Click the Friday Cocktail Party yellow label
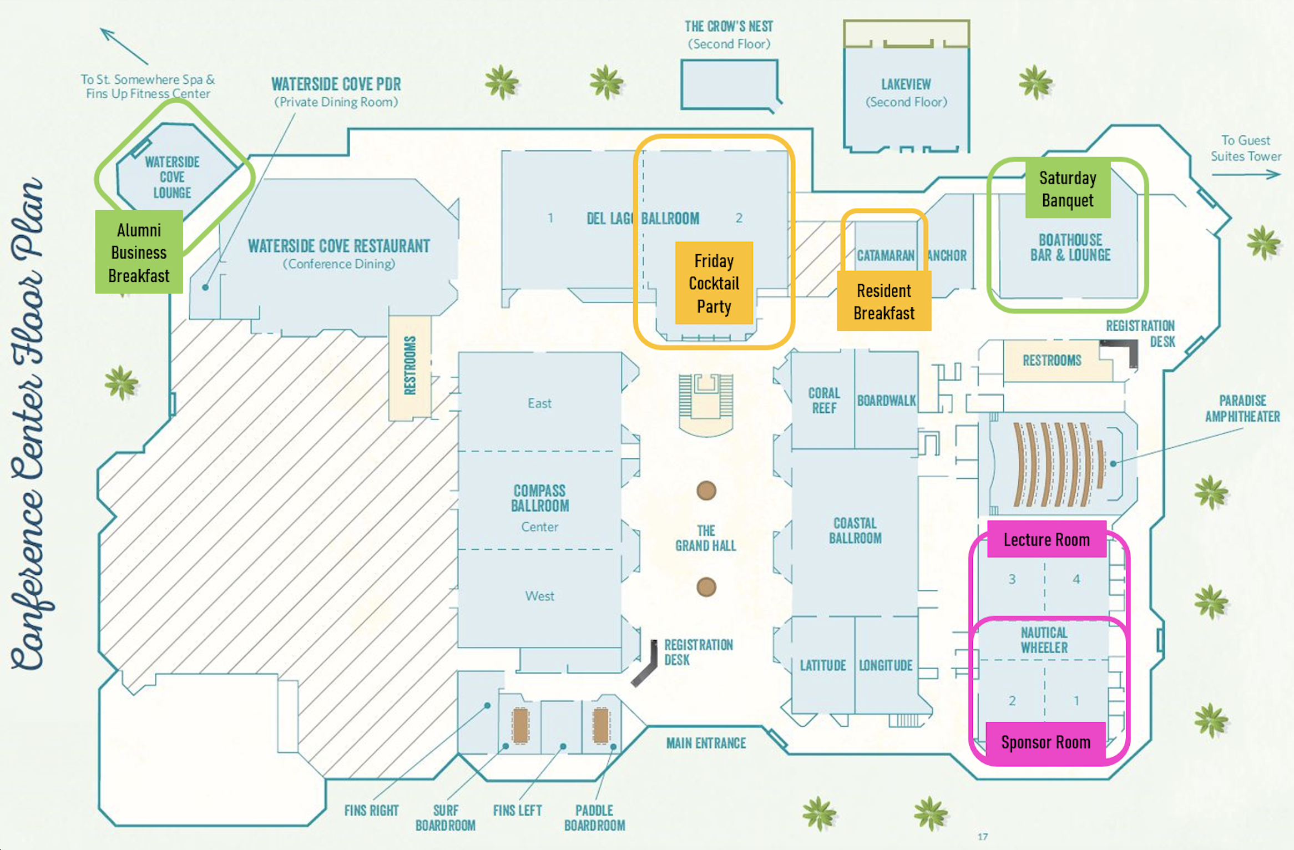pyautogui.click(x=714, y=283)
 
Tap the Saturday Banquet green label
pyautogui.click(x=1067, y=189)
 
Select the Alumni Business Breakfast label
pyautogui.click(x=139, y=252)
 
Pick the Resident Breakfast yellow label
pyautogui.click(x=883, y=301)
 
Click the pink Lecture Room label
pyautogui.click(x=1046, y=539)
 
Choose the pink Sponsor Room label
pyautogui.click(x=1045, y=742)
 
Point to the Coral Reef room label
pyautogui.click(x=823, y=400)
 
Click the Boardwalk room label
pyautogui.click(x=886, y=400)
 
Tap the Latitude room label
pyautogui.click(x=822, y=665)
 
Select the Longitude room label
pyautogui.click(x=886, y=665)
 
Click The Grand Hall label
pyautogui.click(x=705, y=538)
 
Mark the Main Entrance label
pyautogui.click(x=706, y=742)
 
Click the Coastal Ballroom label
pyautogui.click(x=855, y=530)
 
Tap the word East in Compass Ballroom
pyautogui.click(x=539, y=403)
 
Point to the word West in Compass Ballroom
pyautogui.click(x=539, y=596)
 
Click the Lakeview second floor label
pyautogui.click(x=906, y=92)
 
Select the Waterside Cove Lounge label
pyautogui.click(x=172, y=177)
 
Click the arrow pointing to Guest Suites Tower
pyautogui.click(x=1246, y=175)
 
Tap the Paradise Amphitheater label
pyautogui.click(x=1242, y=408)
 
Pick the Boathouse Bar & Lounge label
pyautogui.click(x=1070, y=247)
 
